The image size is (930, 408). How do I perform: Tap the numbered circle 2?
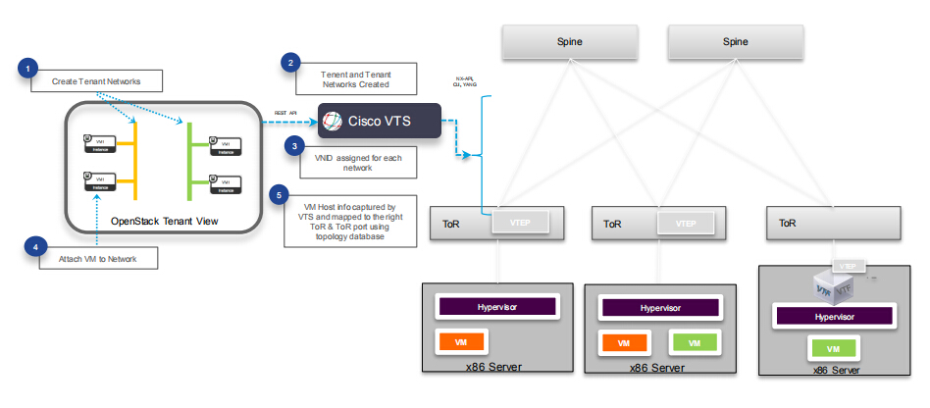288,63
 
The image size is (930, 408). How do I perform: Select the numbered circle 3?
292,146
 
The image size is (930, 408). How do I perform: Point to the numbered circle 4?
35,248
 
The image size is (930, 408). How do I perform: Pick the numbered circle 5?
281,194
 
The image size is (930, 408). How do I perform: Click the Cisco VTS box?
379,122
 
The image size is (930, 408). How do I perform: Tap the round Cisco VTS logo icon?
335,122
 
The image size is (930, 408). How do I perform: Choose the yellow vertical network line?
135,162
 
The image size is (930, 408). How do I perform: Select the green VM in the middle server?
695,343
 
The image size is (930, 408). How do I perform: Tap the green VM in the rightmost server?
833,349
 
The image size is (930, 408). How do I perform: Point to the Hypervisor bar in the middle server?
659,308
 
